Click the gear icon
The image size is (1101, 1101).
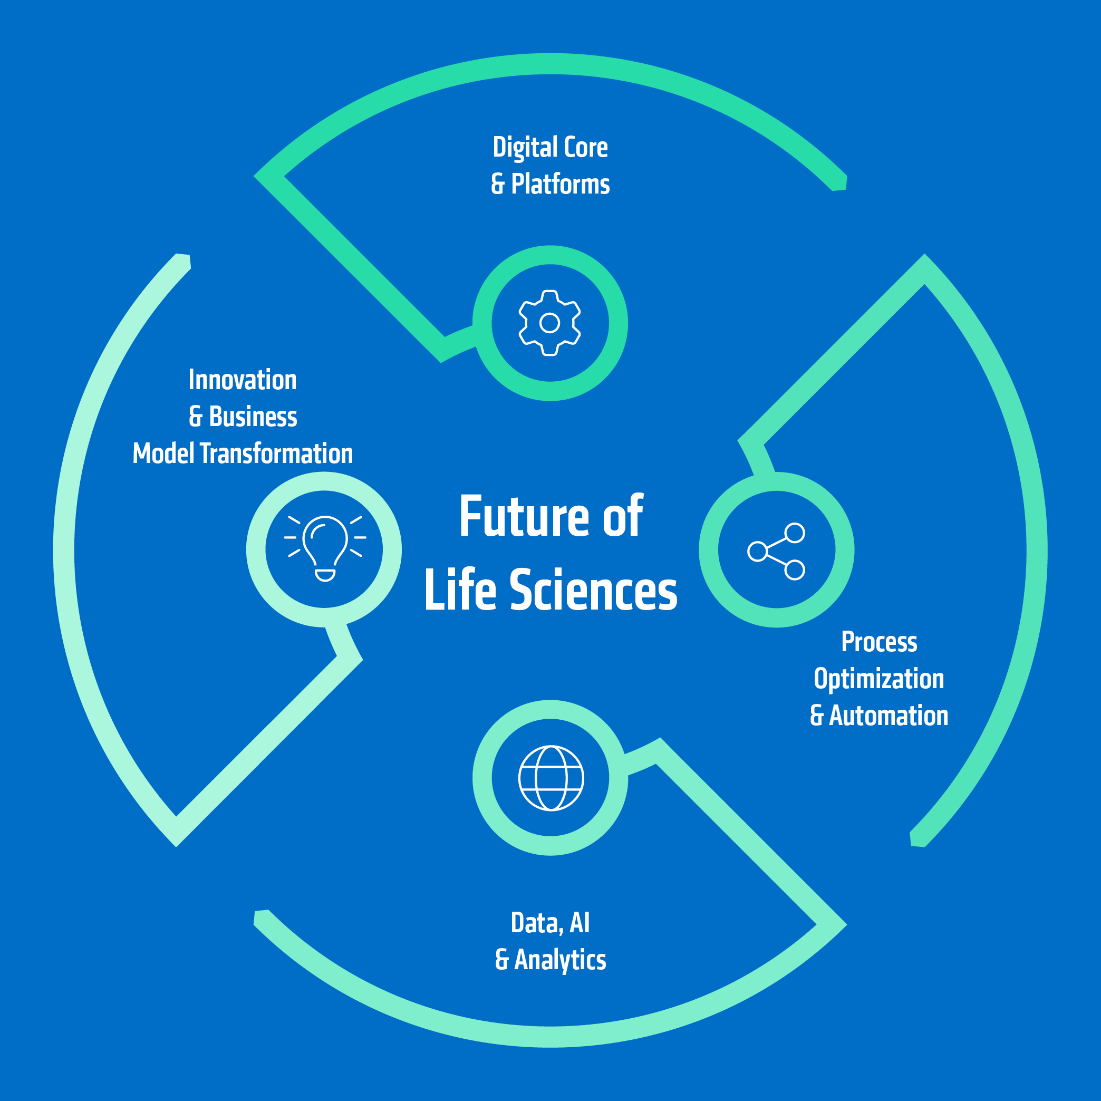550,323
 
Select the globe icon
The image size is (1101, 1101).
550,777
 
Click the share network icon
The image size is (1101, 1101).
776,550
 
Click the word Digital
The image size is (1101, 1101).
525,148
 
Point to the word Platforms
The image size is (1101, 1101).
560,184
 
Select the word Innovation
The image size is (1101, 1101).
243,380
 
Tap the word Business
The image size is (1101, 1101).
253,417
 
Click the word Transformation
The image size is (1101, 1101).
276,453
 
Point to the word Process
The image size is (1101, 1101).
880,642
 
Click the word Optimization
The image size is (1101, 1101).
879,679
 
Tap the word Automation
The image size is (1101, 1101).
888,716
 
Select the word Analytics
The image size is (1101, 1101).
560,960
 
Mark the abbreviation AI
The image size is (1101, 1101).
580,923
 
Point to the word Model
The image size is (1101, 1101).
163,453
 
